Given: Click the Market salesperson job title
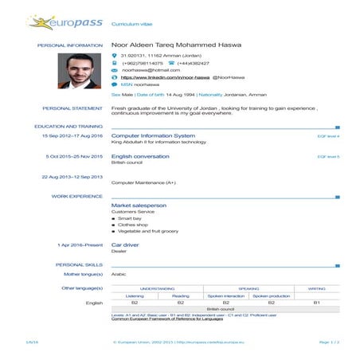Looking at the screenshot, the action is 139,205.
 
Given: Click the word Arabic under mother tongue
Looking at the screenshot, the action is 119,273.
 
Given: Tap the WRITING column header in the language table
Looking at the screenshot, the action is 317,288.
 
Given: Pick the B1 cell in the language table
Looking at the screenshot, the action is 317,303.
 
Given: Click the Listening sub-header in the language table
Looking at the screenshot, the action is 135,295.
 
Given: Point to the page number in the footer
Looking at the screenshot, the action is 330,340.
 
